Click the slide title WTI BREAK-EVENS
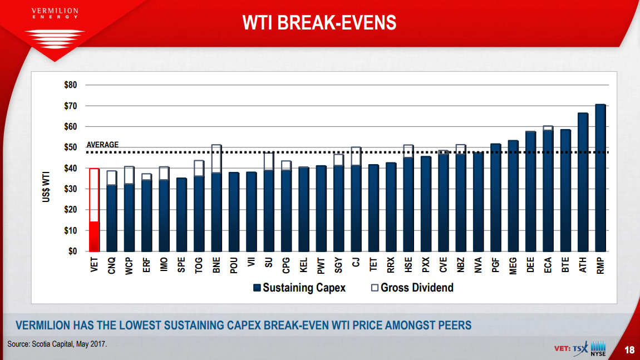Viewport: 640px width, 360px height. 319,22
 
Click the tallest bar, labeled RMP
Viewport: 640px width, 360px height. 600,178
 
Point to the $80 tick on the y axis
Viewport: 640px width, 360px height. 70,85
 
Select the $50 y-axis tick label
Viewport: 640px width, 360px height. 70,147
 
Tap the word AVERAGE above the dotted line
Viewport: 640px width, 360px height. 102,145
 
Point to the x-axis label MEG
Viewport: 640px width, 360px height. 513,265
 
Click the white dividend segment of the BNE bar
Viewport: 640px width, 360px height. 216,159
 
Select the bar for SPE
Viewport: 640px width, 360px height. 181,215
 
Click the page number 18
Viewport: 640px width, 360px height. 629,350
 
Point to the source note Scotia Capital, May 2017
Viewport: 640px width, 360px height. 57,344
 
